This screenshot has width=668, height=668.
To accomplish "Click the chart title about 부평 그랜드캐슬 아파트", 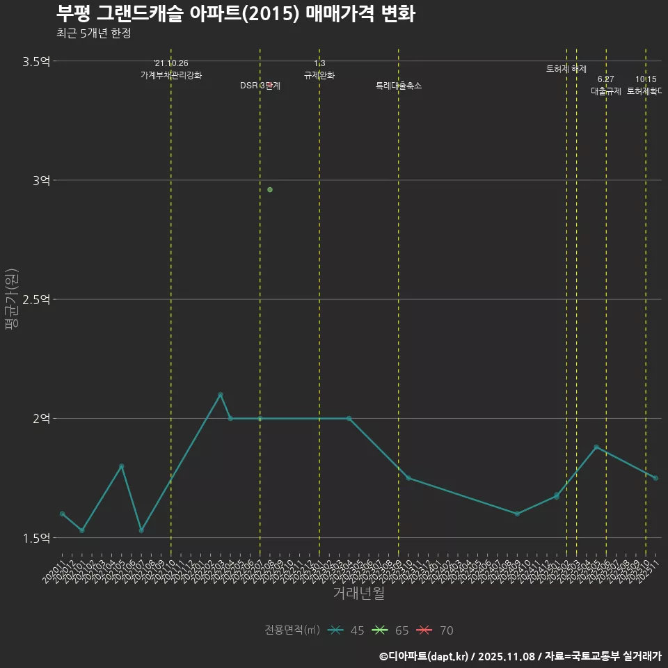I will point(235,13).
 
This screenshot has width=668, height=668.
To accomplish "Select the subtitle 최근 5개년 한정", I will point(93,33).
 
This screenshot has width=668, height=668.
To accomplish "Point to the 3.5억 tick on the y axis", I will point(36,61).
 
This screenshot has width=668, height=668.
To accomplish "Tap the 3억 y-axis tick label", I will point(41,180).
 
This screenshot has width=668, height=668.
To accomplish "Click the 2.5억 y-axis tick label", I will point(36,299).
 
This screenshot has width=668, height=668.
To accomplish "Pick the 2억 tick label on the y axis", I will point(41,418).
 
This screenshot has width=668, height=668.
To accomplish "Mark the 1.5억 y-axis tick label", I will point(36,538).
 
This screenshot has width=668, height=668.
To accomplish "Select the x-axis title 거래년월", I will point(358,594).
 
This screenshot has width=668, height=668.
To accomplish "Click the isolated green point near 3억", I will point(270,190).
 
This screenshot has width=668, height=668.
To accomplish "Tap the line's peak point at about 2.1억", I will point(221,395).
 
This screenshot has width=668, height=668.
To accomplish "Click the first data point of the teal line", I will point(63,514).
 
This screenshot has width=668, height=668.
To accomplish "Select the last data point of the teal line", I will point(655,478).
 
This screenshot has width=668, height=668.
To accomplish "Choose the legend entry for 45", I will point(347,630).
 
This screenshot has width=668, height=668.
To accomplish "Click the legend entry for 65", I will point(391,630).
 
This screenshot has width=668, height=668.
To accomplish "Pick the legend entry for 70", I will point(436,630).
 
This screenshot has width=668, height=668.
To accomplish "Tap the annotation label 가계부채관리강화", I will point(171,75).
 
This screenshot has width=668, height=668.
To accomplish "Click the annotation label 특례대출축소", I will point(399,86).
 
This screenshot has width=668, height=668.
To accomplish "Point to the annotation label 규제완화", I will point(319,75).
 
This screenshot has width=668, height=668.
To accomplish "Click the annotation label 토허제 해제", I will point(566,69).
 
